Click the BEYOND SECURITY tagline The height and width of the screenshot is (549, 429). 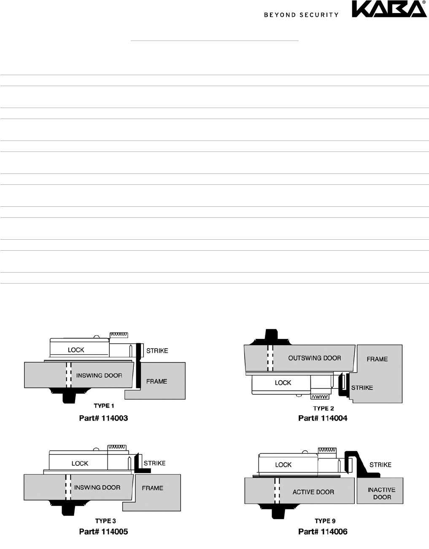(x=301, y=15)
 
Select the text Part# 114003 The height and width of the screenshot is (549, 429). (x=103, y=418)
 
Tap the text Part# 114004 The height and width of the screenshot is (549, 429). (x=323, y=418)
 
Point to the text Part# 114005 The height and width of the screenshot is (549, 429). (x=103, y=532)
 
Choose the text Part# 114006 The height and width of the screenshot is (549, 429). (x=323, y=532)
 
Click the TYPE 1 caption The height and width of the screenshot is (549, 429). (x=104, y=406)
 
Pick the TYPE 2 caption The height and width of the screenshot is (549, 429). (x=324, y=408)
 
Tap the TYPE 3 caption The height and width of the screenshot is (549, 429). (x=105, y=521)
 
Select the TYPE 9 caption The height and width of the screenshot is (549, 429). (x=325, y=521)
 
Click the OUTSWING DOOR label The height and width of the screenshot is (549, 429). (x=315, y=358)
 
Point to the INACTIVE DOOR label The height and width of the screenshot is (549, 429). (x=382, y=493)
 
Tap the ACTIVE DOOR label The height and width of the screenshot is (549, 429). (x=313, y=492)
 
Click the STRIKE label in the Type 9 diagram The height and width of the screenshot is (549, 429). (x=380, y=465)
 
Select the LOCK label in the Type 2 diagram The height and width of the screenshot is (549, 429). (x=283, y=383)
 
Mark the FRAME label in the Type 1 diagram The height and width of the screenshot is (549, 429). (x=156, y=381)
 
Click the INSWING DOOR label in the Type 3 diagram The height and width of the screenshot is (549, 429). (x=97, y=487)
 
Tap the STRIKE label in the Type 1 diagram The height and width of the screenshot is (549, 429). (x=157, y=350)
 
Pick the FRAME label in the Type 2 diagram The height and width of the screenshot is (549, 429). (x=377, y=359)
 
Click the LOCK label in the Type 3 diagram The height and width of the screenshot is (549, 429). (x=80, y=463)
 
